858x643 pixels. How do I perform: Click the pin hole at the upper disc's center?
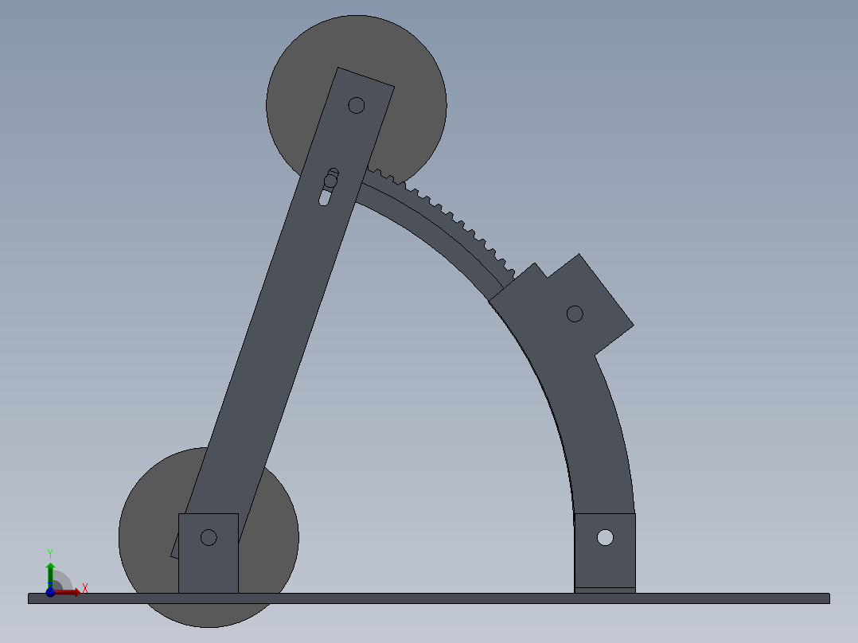pyautogui.click(x=357, y=105)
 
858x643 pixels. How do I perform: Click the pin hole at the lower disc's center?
pyautogui.click(x=209, y=537)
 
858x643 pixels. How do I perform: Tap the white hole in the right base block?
pyautogui.click(x=605, y=537)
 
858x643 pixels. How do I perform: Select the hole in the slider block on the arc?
pyautogui.click(x=575, y=314)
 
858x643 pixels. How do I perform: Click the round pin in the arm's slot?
pyautogui.click(x=330, y=181)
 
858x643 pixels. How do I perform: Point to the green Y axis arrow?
pyautogui.click(x=50, y=575)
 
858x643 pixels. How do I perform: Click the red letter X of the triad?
pyautogui.click(x=85, y=589)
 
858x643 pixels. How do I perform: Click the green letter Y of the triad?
pyautogui.click(x=50, y=554)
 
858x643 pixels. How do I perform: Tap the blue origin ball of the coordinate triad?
pyautogui.click(x=50, y=592)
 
